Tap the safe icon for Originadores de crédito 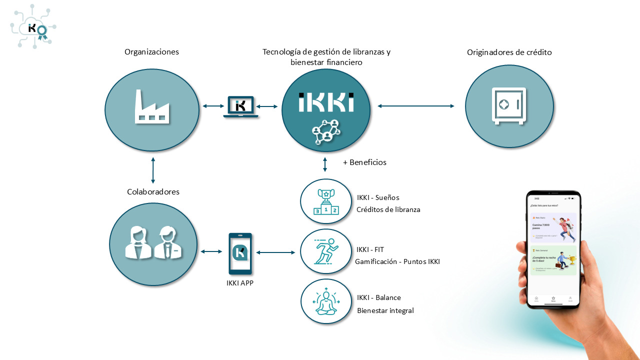tap(509, 106)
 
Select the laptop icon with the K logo tap(240, 106)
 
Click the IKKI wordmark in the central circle tap(326, 102)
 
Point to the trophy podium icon tap(326, 202)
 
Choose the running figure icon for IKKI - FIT tap(326, 251)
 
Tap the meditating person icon tap(326, 301)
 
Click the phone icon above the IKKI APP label tap(240, 253)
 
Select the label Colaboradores tap(153, 192)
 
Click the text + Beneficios tap(364, 162)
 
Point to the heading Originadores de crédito tap(509, 52)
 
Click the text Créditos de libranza tap(388, 209)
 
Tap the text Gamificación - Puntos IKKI tap(397, 261)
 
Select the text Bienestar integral tap(385, 310)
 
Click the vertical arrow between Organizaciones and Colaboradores tap(153, 170)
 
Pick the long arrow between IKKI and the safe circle tap(416, 106)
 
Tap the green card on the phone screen tap(553, 260)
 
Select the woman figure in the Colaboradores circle tap(137, 243)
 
